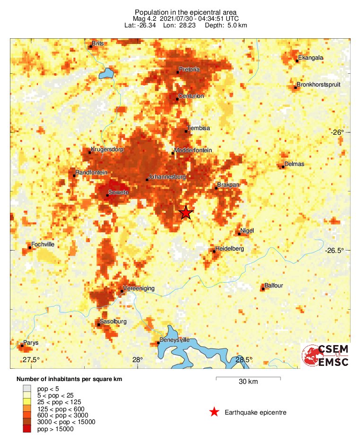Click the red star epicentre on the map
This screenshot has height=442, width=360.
point(186,213)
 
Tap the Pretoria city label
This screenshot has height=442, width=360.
point(189,69)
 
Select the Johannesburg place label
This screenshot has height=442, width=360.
point(167,177)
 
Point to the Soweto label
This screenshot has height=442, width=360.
point(118,192)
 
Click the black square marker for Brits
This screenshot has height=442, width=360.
point(91,46)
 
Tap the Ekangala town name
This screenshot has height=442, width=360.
point(311,58)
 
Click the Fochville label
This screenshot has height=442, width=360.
point(43,244)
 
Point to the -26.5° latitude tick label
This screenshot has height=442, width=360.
point(337,251)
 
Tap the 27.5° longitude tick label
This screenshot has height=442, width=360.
point(31,360)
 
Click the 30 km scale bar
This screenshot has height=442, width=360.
point(248,378)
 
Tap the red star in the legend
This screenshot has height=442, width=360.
point(214,412)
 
